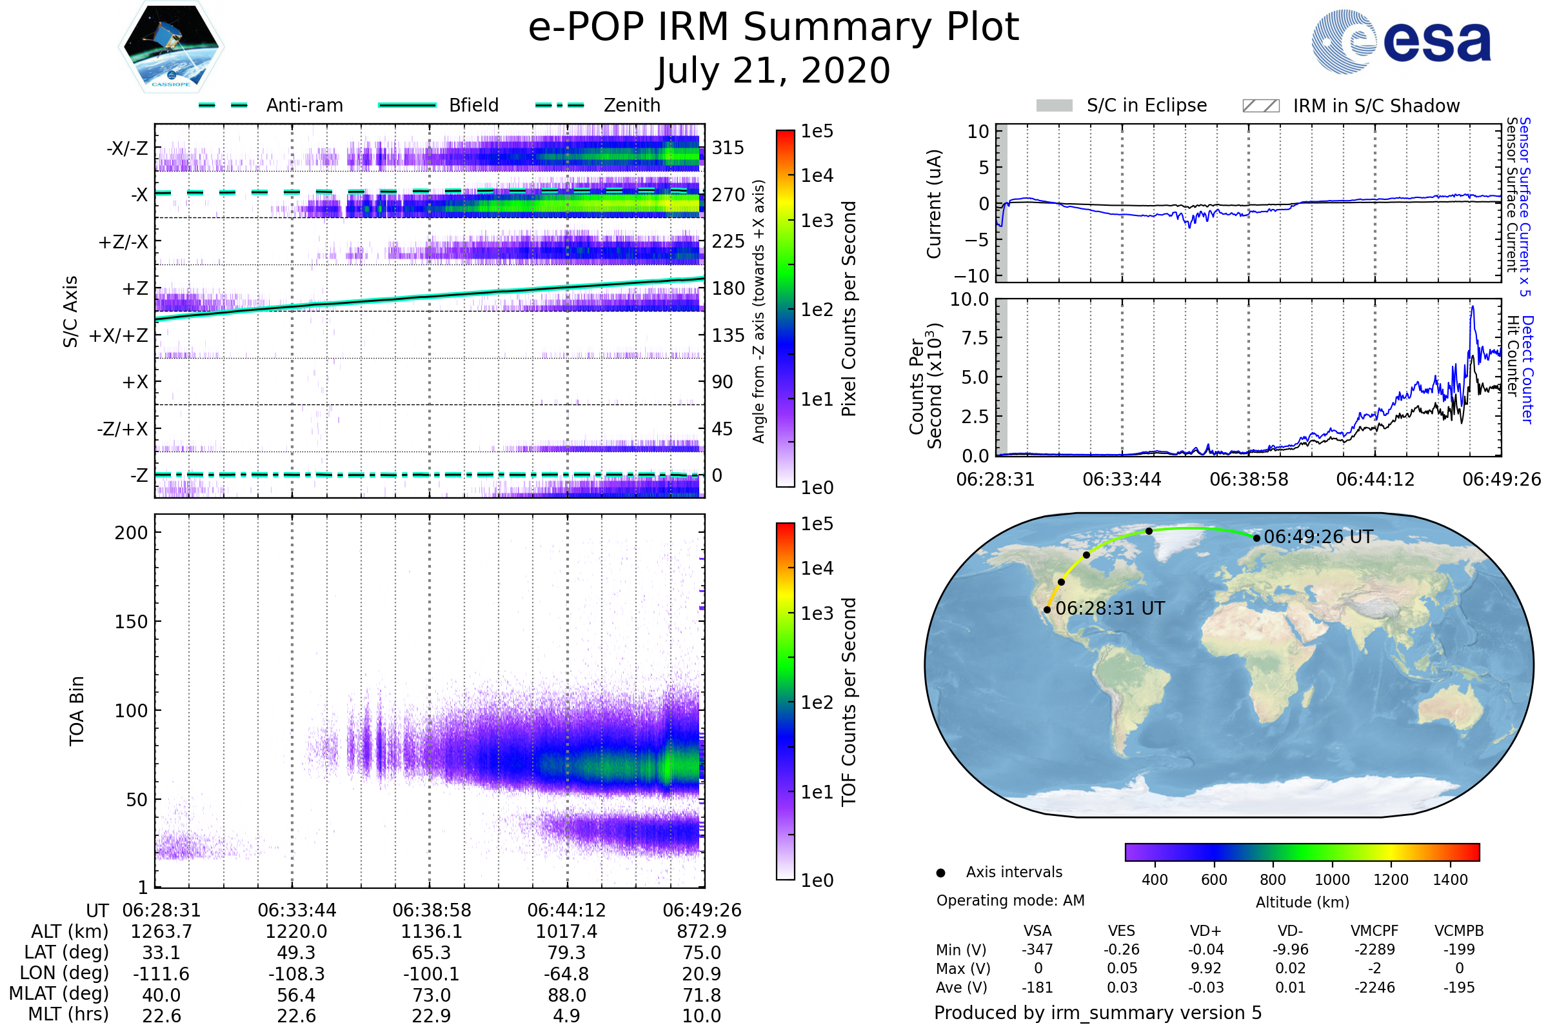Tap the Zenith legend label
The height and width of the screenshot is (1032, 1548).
pos(632,105)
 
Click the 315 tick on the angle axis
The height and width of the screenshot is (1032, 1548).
pos(728,148)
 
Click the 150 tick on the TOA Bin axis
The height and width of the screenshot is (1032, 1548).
pos(131,622)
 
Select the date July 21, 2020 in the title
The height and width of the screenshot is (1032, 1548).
pos(773,71)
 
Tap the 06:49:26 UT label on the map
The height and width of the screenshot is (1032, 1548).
pos(1318,537)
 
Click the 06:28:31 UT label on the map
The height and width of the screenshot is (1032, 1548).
pos(1109,608)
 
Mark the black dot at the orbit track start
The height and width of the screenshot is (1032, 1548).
pos(1047,610)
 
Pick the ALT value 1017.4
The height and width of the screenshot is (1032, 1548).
pos(566,932)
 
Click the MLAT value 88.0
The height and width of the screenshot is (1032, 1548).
pos(566,995)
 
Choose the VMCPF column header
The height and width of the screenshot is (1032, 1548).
pos(1374,931)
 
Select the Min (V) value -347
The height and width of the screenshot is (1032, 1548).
pos(1037,949)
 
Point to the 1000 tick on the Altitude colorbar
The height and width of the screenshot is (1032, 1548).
pos(1332,880)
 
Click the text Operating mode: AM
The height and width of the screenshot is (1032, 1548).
pos(1010,900)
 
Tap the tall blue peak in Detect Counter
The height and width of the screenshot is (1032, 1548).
pos(1473,308)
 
